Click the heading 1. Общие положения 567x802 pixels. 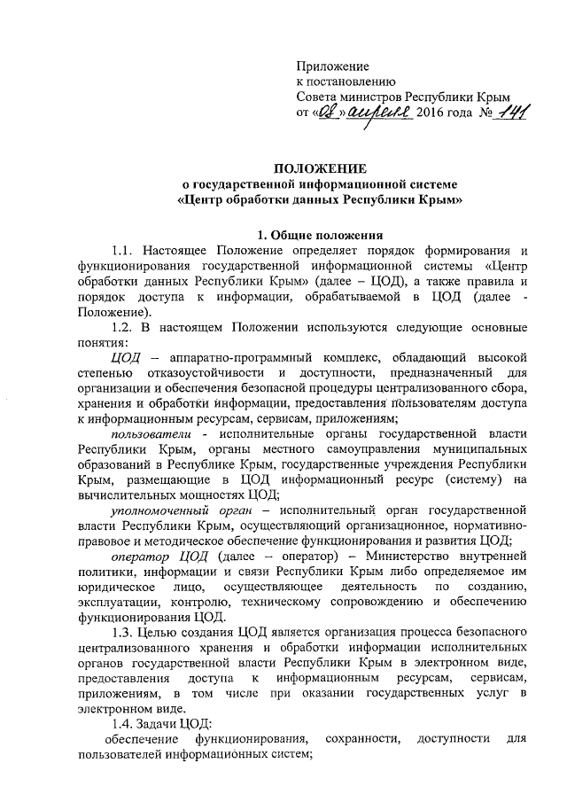[x=320, y=235]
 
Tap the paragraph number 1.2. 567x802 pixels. [x=125, y=326]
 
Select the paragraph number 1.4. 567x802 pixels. [x=125, y=723]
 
